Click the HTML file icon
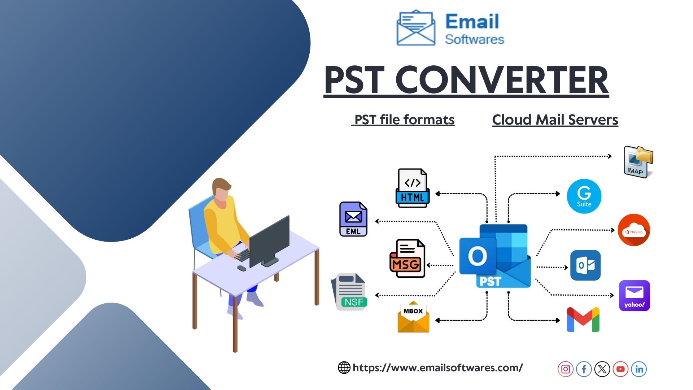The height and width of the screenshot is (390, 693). coord(413,188)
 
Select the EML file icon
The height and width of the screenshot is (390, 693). coord(353,219)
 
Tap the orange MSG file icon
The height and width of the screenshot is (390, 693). coord(407,259)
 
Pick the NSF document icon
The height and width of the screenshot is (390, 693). coord(349,292)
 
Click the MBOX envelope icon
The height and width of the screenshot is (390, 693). coord(413,317)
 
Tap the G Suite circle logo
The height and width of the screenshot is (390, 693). coord(584,196)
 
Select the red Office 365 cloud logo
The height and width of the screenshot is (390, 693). coord(634,230)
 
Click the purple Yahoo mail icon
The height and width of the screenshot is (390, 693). coord(634,296)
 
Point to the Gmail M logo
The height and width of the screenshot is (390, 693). coord(583,320)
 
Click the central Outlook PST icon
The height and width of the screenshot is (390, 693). coord(495,256)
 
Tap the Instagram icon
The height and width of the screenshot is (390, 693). coord(566,369)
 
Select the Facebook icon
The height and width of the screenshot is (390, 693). coord(584,369)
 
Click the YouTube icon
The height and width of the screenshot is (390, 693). coord(620,369)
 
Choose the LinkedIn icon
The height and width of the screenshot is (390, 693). coord(639,369)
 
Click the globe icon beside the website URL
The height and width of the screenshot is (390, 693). coord(344,368)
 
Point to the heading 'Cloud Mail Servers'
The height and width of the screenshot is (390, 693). coord(555,120)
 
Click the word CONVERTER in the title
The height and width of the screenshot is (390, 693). coord(502,80)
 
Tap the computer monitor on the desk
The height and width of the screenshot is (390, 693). coord(269,241)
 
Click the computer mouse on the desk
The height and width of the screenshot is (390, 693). coord(242,268)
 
